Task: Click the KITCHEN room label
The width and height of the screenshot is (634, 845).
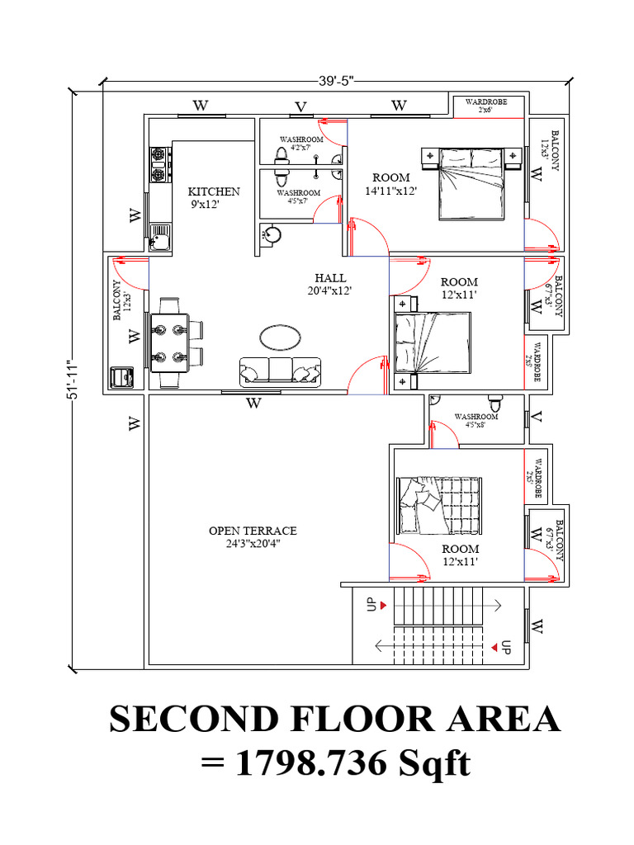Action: tap(213, 191)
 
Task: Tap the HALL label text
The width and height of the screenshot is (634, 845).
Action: tap(330, 278)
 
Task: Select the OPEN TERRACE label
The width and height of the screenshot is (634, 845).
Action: tap(252, 531)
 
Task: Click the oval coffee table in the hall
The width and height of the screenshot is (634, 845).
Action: tap(281, 337)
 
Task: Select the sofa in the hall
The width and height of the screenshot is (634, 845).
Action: tap(280, 371)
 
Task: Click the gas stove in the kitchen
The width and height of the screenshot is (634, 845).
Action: tap(159, 165)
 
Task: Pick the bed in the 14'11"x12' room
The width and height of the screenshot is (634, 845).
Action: tap(470, 183)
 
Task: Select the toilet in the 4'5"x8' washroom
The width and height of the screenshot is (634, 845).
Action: tap(495, 404)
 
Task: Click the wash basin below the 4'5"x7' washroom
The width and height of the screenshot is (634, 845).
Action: tap(270, 234)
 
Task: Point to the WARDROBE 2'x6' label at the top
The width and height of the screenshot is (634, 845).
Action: tap(485, 105)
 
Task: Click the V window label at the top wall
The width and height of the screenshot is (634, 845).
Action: tap(301, 106)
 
